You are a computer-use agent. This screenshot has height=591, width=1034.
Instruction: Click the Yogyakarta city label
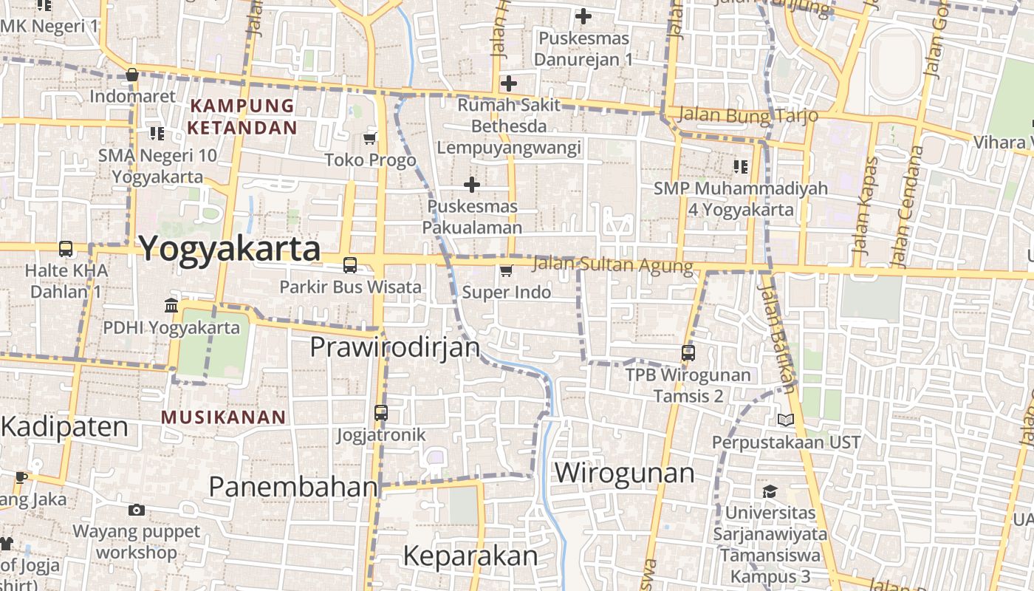pos(229,249)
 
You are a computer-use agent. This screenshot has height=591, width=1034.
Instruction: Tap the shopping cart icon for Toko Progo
pos(370,138)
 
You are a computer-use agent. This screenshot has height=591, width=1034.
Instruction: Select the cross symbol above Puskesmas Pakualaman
pos(472,184)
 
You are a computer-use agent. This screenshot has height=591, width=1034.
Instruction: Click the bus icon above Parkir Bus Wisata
pos(350,264)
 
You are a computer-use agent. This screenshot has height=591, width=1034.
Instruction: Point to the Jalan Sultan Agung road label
pos(612,264)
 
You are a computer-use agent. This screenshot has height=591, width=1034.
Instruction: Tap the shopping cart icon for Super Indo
pos(506,270)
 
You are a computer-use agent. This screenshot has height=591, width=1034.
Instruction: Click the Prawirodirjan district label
pos(394,346)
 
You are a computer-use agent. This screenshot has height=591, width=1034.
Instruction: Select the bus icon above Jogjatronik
pos(381,412)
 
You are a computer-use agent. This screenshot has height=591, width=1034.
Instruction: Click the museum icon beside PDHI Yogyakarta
pos(171,305)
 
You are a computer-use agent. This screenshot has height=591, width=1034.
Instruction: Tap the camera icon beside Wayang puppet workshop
pos(136,510)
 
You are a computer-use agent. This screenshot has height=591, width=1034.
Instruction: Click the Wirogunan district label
pos(624,473)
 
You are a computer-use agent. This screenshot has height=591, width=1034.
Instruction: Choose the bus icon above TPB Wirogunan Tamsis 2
pos(688,352)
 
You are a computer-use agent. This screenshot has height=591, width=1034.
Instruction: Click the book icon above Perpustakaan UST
pos(786,420)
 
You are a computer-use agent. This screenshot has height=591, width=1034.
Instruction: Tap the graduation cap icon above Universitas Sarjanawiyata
pos(770,491)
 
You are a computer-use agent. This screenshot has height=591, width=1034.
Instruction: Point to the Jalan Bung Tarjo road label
pos(747,115)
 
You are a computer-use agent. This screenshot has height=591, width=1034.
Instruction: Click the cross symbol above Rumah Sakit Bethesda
pos(508,83)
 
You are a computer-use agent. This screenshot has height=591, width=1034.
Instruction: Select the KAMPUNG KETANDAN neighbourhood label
pos(242,116)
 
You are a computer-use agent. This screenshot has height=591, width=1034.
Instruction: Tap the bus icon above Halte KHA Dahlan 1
pos(66,248)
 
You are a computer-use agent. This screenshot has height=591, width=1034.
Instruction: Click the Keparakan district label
pos(470,556)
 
